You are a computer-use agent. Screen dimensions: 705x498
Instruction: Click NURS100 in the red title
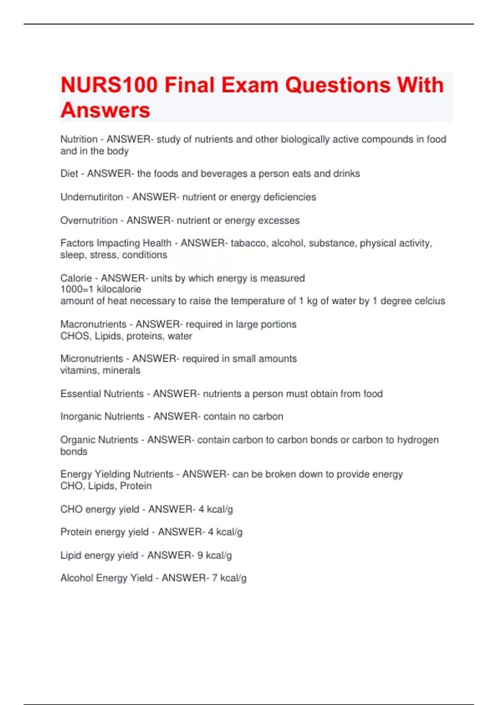click(109, 85)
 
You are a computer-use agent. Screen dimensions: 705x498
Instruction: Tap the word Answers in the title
click(105, 110)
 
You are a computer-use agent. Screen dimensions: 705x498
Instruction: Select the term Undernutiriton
click(92, 197)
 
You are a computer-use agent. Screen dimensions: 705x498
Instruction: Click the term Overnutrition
click(89, 220)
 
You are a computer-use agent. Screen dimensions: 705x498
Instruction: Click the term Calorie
click(76, 278)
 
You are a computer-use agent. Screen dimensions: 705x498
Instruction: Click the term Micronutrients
click(92, 358)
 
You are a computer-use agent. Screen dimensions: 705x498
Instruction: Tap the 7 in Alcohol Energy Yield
click(215, 578)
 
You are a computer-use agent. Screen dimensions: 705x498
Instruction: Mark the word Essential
click(80, 394)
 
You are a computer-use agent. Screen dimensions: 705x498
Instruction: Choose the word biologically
click(305, 139)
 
